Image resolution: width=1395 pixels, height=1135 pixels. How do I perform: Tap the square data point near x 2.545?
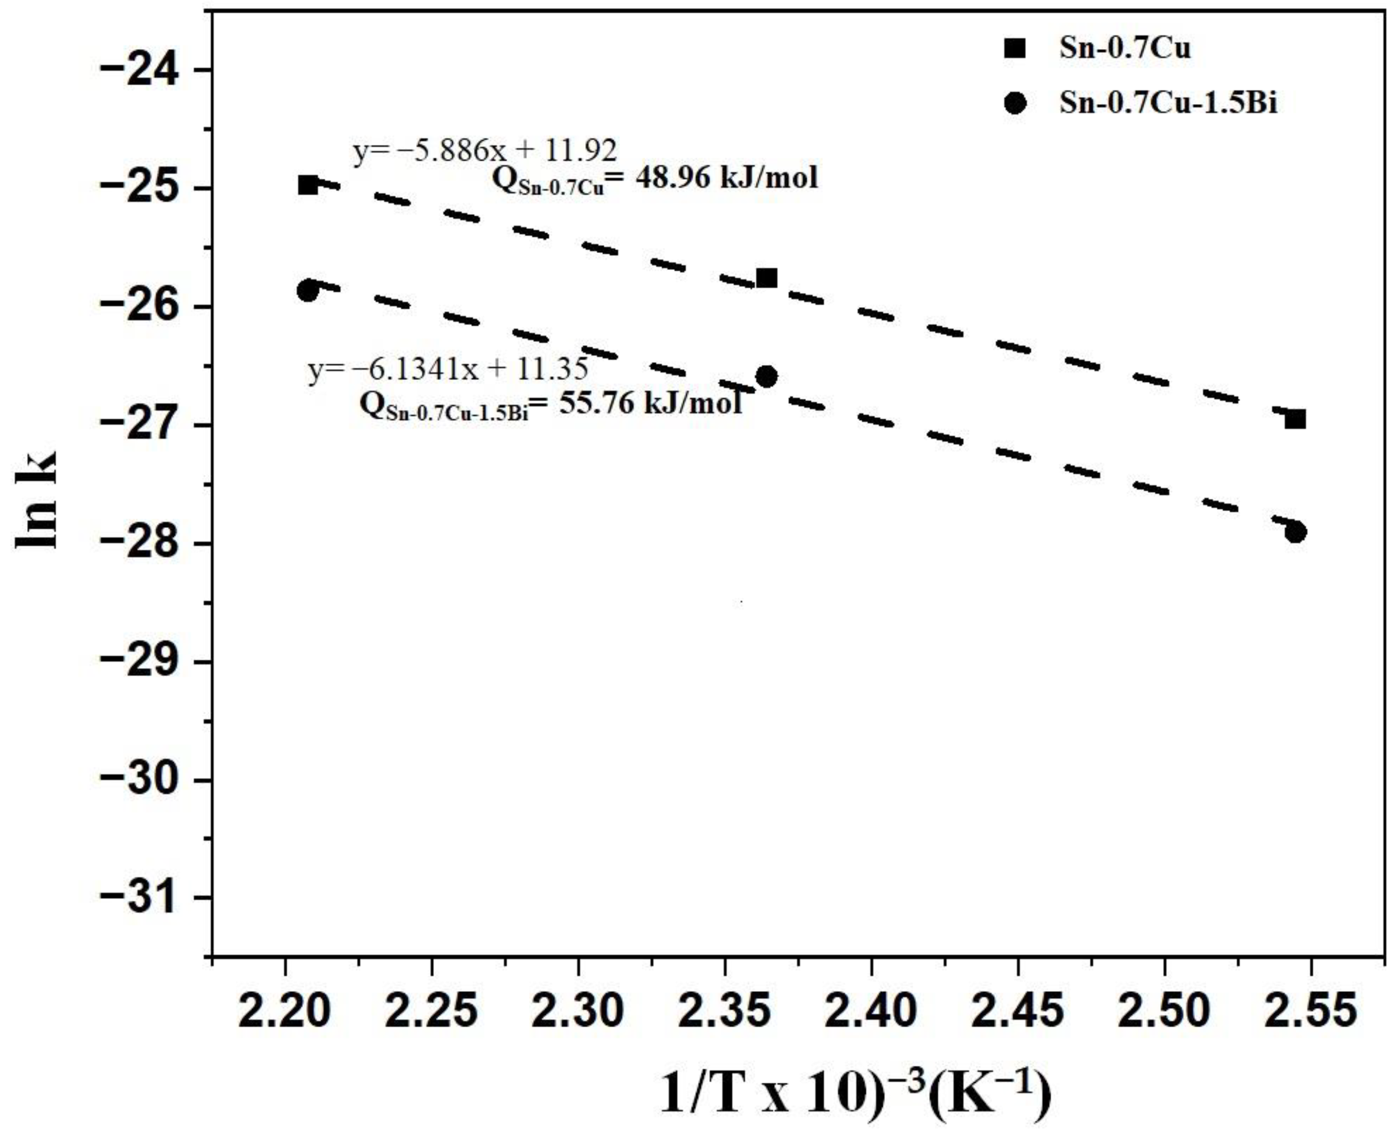(1295, 419)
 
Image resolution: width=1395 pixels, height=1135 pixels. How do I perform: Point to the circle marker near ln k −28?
(1295, 532)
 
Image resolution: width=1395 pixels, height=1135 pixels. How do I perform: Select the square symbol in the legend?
(1015, 49)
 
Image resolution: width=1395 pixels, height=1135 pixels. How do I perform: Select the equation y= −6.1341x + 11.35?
(449, 370)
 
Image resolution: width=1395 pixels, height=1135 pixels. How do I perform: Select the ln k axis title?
(38, 500)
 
